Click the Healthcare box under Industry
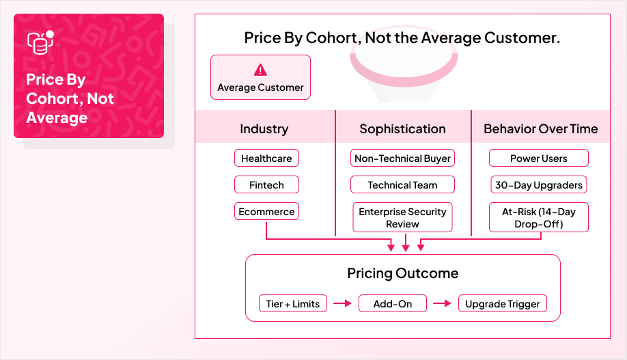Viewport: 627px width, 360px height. tap(266, 158)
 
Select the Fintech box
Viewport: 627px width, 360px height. tap(266, 185)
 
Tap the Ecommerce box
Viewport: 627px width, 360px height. tap(266, 212)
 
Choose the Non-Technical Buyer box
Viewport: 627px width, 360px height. tap(402, 158)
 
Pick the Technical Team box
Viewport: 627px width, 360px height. tap(402, 185)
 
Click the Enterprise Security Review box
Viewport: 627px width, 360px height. tap(402, 218)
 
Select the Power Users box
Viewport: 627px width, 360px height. tap(538, 158)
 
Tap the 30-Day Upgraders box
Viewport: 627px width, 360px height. tap(538, 185)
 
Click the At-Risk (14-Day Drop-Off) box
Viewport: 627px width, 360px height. tap(538, 218)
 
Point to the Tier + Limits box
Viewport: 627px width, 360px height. tap(293, 304)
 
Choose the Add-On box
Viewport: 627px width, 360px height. tap(393, 304)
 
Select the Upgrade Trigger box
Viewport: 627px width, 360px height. tap(502, 304)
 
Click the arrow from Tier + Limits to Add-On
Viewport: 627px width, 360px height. tap(343, 304)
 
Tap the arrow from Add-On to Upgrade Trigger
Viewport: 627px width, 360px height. tap(443, 304)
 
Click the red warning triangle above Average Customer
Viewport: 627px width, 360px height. tap(260, 70)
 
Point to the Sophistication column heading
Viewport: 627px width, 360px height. tap(402, 129)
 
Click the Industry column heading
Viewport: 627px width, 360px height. tap(264, 129)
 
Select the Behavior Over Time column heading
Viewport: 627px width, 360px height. tap(540, 129)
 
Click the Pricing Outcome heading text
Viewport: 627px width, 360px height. tap(402, 273)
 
